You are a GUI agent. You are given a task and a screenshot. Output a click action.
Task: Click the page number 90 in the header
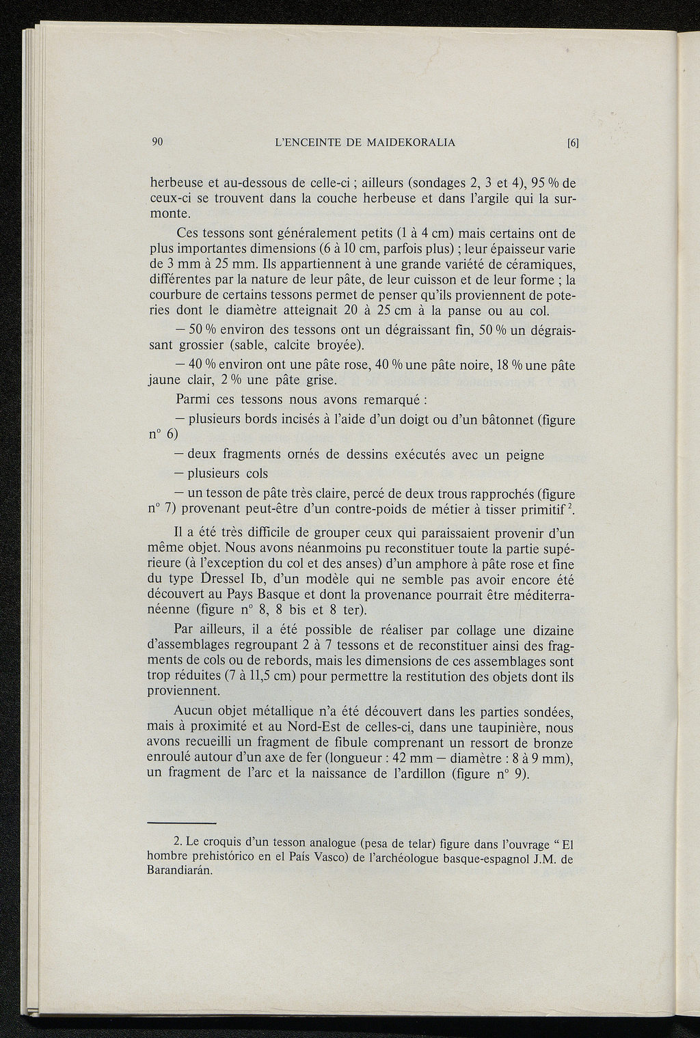pos(157,142)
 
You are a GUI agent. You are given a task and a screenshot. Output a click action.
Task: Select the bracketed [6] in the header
pos(573,143)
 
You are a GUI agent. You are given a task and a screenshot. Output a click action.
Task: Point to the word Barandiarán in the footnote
pos(180,871)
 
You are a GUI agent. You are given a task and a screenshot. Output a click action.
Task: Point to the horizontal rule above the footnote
pos(182,823)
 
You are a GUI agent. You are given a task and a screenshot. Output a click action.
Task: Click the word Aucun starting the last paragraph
pos(196,711)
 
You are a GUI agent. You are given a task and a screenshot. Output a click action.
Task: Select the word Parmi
pos(192,398)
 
